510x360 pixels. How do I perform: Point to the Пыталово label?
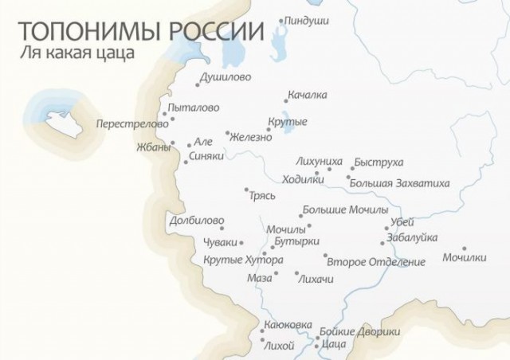193,108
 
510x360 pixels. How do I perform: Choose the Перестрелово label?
132,124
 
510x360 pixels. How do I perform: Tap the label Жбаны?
154,147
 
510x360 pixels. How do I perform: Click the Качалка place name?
308,96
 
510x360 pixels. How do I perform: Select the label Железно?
252,137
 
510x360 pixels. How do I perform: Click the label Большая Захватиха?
398,183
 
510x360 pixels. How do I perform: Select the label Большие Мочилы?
345,211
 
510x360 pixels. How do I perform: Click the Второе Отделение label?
376,261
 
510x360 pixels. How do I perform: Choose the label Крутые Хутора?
243,260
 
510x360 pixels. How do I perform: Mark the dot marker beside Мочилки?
465,248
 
